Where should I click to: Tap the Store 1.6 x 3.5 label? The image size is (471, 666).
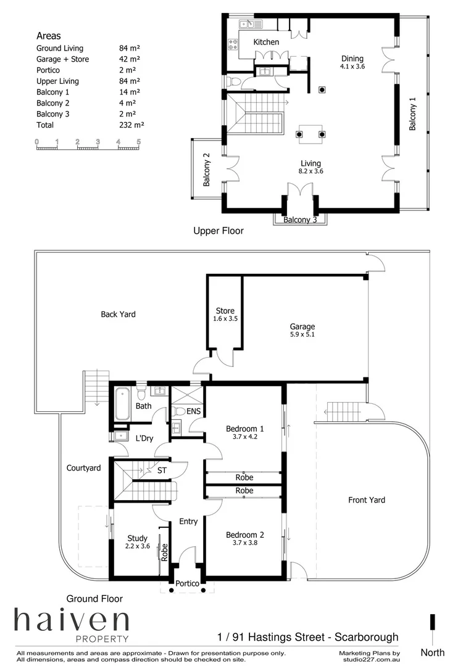pyautogui.click(x=225, y=314)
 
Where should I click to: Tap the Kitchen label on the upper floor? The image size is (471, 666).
pyautogui.click(x=266, y=42)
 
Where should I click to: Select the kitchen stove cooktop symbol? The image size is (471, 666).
pyautogui.click(x=234, y=44)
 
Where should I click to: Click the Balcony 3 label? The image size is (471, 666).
pyautogui.click(x=300, y=220)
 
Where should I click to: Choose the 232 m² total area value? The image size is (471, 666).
pyautogui.click(x=131, y=125)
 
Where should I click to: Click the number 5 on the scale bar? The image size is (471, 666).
pyautogui.click(x=139, y=142)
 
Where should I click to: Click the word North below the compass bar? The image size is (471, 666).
pyautogui.click(x=432, y=652)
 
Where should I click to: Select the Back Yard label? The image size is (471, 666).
pyautogui.click(x=118, y=314)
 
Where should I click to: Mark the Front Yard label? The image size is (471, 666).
pyautogui.click(x=367, y=499)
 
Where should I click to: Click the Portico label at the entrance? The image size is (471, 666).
pyautogui.click(x=187, y=583)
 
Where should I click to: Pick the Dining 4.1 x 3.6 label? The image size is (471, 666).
pyautogui.click(x=352, y=63)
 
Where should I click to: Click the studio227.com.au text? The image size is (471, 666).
pyautogui.click(x=370, y=659)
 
